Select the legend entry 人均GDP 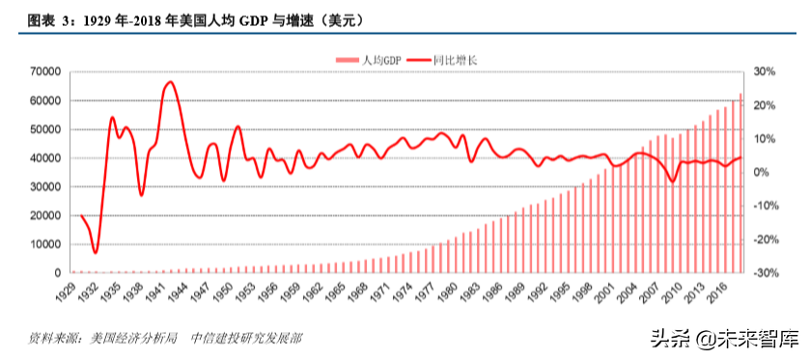coord(371,60)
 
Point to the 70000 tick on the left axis coord(44,71)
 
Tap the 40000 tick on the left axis coord(44,158)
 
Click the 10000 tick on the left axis coord(44,244)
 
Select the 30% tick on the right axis coord(765,71)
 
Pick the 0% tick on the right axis coord(761,172)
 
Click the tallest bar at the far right coord(740,183)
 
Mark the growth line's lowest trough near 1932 coord(95,253)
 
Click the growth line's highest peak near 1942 coord(170,82)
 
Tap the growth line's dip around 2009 coord(673,181)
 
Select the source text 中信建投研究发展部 coord(245,339)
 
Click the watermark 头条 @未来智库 coord(725,339)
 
